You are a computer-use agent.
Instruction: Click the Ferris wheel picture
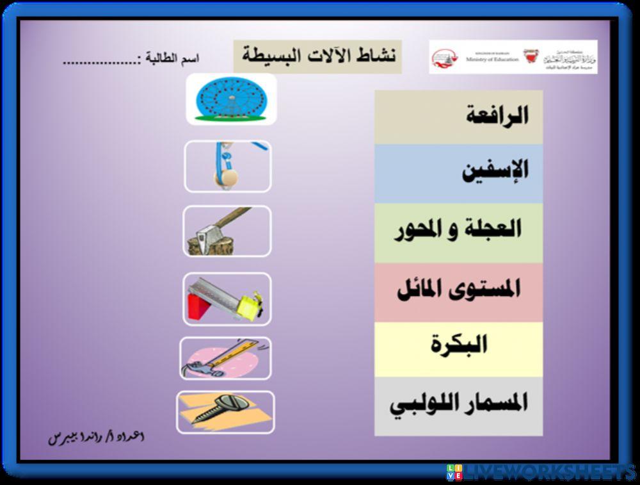pyautogui.click(x=231, y=99)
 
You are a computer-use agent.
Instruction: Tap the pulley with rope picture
pyautogui.click(x=228, y=166)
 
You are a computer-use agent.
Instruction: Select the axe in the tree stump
pyautogui.click(x=227, y=231)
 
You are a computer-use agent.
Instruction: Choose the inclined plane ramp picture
pyautogui.click(x=227, y=299)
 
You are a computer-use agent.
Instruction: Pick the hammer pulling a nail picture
pyautogui.click(x=225, y=358)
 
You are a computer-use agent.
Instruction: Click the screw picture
pyautogui.click(x=225, y=411)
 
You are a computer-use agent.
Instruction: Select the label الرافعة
pyautogui.click(x=458, y=117)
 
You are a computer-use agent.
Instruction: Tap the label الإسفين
pyautogui.click(x=458, y=173)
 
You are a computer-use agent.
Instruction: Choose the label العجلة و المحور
pyautogui.click(x=458, y=229)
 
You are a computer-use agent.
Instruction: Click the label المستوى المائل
pyautogui.click(x=458, y=290)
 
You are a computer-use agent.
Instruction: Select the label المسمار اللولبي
pyautogui.click(x=458, y=404)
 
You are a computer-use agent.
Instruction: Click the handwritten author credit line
pyautogui.click(x=96, y=438)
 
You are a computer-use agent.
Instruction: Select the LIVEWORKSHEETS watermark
pyautogui.click(x=541, y=473)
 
